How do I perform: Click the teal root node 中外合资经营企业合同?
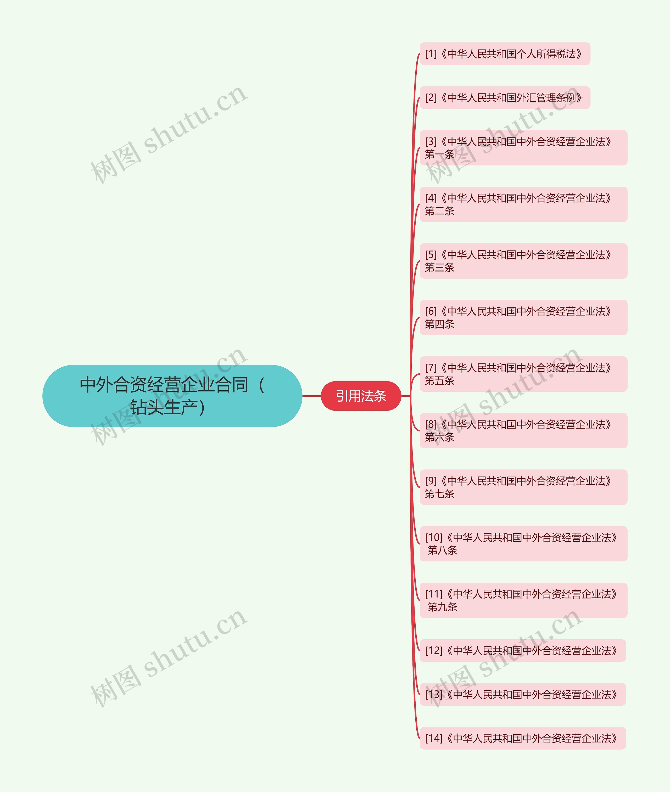pyautogui.click(x=172, y=396)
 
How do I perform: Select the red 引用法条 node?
pyautogui.click(x=361, y=396)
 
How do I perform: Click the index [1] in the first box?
pyautogui.click(x=431, y=54)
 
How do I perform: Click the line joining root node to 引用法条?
pyautogui.click(x=311, y=396)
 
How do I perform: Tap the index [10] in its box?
pyautogui.click(x=434, y=538)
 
